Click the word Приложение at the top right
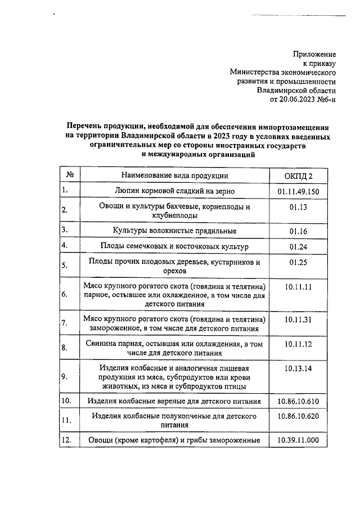coord(314,54)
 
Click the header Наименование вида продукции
coord(173,176)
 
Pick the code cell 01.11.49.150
coord(298,192)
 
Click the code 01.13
coord(298,207)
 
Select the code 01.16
coord(298,231)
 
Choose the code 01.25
coord(298,262)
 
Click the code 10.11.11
coord(298,287)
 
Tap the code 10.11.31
coord(298,319)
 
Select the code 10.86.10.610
coord(298,401)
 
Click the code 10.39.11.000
coord(298,440)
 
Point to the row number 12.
coord(67,440)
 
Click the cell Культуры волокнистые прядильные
coord(173,231)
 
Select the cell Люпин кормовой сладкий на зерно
coord(173,192)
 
